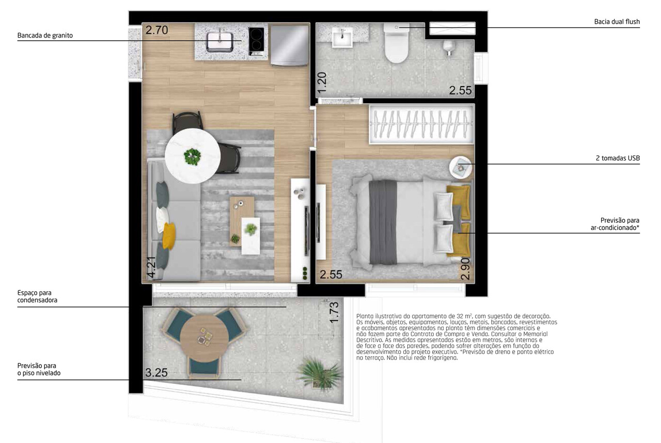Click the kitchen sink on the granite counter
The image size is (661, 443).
(221, 39)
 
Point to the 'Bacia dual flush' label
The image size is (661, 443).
(617, 22)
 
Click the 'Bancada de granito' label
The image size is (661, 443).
(45, 36)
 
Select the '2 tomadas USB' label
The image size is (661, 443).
(618, 158)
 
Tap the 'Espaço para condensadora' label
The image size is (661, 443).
(37, 296)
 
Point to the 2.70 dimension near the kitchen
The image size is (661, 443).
(156, 30)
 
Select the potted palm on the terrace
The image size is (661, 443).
(320, 372)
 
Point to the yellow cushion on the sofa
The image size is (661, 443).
(169, 235)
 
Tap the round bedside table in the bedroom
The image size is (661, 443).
(460, 167)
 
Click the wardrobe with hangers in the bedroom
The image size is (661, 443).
(421, 124)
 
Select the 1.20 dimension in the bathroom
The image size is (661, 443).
(323, 83)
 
